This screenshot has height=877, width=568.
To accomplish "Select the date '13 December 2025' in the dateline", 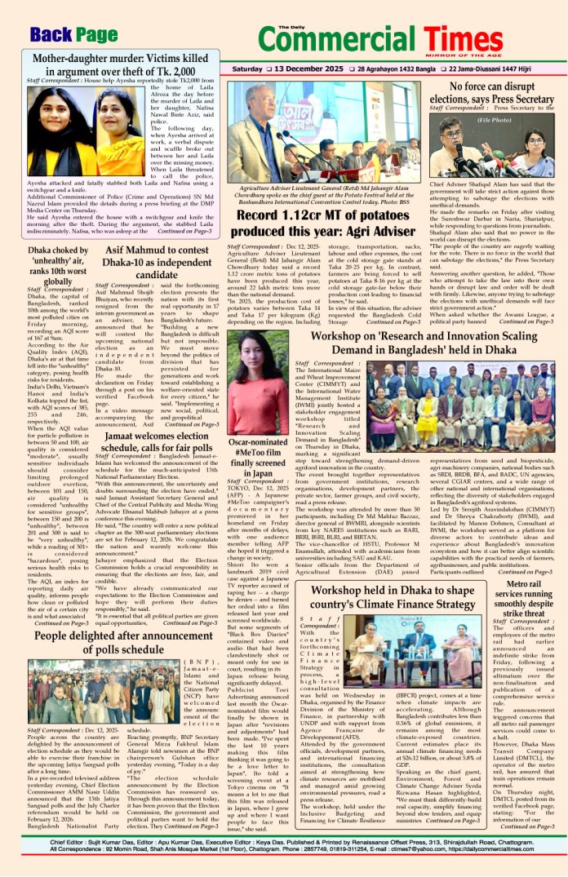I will coord(288,69).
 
